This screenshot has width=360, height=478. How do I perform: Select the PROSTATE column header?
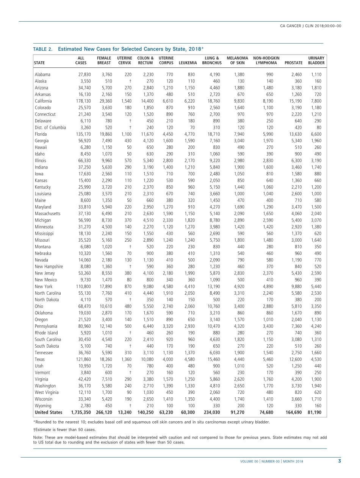(294, 63)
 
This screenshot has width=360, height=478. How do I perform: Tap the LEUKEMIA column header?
(188, 63)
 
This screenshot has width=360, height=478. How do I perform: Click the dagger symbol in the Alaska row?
(130, 81)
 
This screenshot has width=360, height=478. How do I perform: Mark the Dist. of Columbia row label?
(50, 128)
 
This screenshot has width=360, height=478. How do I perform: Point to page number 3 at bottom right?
(340, 461)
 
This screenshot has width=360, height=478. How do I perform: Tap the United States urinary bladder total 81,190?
(315, 412)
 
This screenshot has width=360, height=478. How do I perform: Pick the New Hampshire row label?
(49, 267)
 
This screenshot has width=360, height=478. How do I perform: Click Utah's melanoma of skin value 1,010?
(238, 366)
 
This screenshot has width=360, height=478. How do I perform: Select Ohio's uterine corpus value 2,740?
(168, 306)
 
